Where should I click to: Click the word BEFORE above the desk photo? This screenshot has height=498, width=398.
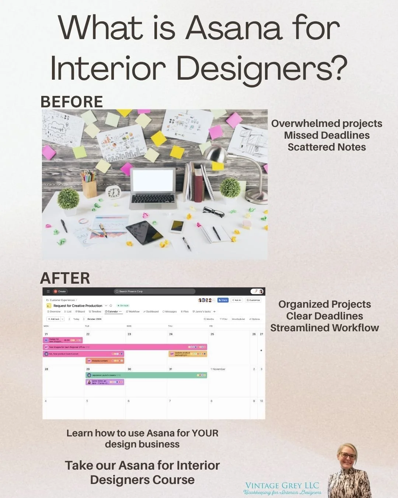click(71, 102)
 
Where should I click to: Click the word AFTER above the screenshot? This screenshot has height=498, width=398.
click(65, 278)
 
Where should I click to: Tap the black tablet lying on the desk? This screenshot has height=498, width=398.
click(144, 232)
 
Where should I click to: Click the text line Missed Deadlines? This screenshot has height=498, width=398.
click(327, 135)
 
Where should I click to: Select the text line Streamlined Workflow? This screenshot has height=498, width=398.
click(324, 328)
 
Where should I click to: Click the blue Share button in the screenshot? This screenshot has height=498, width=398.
click(223, 300)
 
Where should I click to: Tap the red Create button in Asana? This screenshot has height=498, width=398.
click(60, 291)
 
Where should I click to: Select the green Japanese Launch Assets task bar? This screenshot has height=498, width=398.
click(146, 375)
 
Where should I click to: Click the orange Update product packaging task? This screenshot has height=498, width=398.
click(188, 354)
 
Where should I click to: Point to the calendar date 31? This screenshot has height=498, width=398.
click(171, 369)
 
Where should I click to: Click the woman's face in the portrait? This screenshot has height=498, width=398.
click(348, 456)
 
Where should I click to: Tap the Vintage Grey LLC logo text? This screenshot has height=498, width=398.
click(282, 485)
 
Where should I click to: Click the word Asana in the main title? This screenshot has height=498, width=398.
click(234, 28)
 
